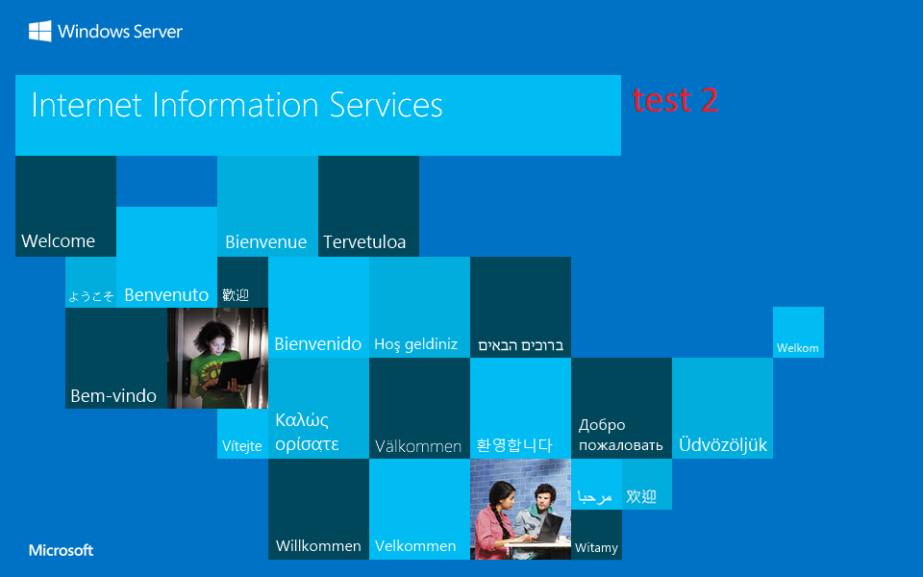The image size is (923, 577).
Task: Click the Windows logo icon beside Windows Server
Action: click(x=40, y=32)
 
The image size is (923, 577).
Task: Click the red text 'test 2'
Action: click(x=675, y=100)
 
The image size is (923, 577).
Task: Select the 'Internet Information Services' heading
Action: click(x=237, y=105)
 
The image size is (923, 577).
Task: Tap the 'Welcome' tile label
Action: click(x=58, y=241)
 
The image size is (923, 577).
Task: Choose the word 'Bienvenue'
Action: click(x=265, y=242)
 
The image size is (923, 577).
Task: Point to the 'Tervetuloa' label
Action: click(x=364, y=242)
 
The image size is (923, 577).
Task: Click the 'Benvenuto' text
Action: click(x=166, y=295)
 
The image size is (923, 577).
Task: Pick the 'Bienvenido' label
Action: click(x=318, y=344)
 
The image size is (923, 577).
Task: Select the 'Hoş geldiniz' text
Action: click(x=415, y=344)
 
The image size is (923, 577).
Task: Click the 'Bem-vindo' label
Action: click(x=113, y=396)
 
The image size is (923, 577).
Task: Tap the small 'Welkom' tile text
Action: click(x=798, y=348)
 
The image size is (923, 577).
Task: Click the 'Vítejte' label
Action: click(x=242, y=446)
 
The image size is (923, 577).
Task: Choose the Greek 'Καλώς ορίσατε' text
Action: click(x=307, y=432)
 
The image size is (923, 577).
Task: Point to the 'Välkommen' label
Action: click(x=418, y=446)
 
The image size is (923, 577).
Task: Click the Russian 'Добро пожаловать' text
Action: click(x=620, y=435)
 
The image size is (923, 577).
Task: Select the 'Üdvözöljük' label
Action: click(x=723, y=445)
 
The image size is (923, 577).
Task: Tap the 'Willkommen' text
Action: click(x=318, y=546)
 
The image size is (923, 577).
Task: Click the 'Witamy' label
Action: click(x=596, y=548)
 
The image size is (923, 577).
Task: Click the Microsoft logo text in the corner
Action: click(x=62, y=551)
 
